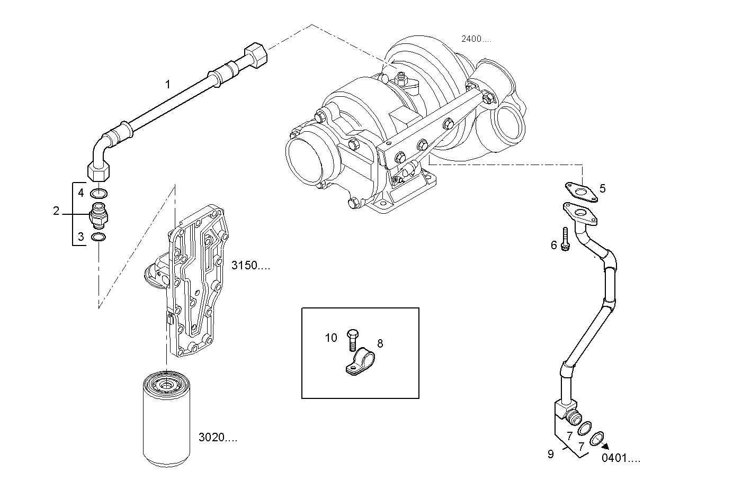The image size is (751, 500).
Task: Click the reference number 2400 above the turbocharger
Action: coord(476,39)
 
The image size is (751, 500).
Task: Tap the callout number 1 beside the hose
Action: coord(168,85)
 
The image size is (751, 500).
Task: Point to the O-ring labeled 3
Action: coord(98,238)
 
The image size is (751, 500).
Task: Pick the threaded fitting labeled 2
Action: coord(99,214)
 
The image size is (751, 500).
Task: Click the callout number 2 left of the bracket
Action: coord(56,211)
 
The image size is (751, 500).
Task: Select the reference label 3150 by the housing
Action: coord(251,266)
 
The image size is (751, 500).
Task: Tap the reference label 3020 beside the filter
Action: coord(218,438)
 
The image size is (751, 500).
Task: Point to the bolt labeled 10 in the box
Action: coord(353,340)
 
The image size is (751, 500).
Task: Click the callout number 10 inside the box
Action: coord(331,338)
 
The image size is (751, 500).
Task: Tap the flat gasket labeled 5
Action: coord(582,193)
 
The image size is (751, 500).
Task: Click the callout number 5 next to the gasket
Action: coord(603,188)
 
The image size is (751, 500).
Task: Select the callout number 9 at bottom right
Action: coord(551,454)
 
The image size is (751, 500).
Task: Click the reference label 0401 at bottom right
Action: coord(621,458)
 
